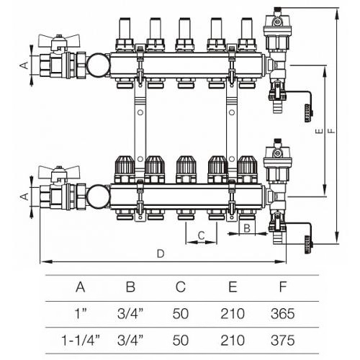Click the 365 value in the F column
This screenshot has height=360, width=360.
282,313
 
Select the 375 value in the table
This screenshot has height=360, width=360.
282,341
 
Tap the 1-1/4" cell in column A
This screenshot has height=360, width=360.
81,341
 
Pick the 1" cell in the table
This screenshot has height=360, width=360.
81,313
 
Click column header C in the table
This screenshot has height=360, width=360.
181,287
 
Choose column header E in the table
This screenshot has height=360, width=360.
233,287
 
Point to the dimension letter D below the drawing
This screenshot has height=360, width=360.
161,253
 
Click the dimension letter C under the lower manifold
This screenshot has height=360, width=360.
201,235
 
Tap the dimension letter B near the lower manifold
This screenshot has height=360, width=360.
247,228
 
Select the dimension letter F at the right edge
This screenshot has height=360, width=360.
332,131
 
